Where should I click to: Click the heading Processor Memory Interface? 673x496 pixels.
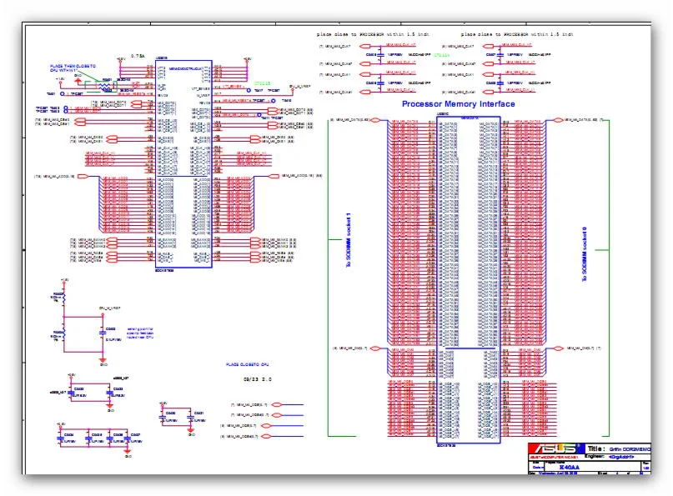tap(458, 104)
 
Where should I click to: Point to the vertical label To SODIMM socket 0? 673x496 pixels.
tap(585, 251)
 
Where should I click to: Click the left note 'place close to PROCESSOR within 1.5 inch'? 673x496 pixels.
tap(373, 33)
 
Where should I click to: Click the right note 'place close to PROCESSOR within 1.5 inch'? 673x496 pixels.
tap(516, 33)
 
